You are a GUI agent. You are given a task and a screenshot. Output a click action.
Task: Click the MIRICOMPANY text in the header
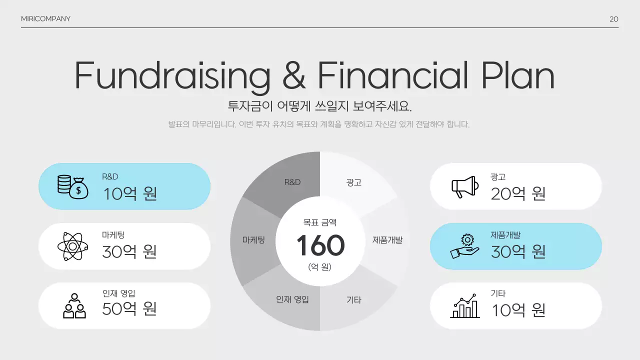point(45,19)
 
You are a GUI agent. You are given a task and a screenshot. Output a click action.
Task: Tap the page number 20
point(614,19)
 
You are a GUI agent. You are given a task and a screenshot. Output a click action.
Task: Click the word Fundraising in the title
point(172,76)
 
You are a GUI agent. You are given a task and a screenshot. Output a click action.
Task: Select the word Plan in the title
point(518,76)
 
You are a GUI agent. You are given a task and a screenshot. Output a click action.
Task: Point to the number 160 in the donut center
point(320,245)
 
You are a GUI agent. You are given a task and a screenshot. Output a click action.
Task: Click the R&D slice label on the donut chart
point(292,182)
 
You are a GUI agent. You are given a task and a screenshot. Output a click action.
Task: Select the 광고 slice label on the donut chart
point(353,182)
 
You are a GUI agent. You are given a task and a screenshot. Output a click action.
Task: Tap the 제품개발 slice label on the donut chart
point(387,240)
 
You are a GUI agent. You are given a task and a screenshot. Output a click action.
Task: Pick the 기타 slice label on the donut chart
point(353,300)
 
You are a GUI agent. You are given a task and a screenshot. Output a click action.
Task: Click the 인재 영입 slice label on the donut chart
point(292,299)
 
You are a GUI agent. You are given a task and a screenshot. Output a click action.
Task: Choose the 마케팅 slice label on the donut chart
point(253,240)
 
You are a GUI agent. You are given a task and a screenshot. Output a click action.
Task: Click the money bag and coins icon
point(72,186)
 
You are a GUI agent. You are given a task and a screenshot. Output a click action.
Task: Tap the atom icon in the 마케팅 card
point(73,246)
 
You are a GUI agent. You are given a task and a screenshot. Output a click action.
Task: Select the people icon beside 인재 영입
point(74,305)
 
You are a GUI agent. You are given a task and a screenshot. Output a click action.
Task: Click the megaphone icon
point(465,186)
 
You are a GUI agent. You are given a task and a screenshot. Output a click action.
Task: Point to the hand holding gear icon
point(465,246)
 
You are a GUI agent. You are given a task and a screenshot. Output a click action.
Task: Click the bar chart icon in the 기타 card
point(465,306)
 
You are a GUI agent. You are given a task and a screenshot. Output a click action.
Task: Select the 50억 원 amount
point(129,308)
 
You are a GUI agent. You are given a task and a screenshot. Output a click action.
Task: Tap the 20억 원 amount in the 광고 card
point(518,193)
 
